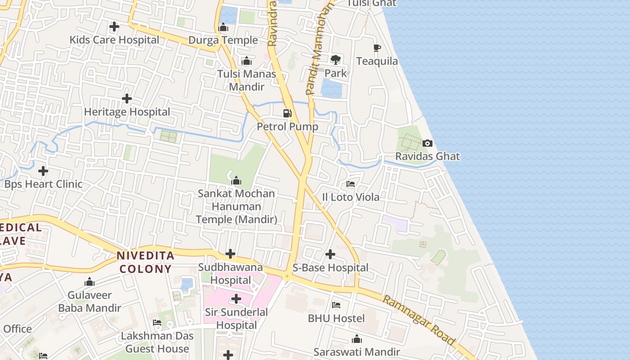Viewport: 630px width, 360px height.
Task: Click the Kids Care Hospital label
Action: click(x=114, y=40)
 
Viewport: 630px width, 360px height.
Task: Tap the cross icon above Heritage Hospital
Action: click(x=127, y=99)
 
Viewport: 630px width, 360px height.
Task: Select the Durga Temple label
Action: click(x=223, y=40)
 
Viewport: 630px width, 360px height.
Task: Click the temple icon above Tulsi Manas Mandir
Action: click(x=247, y=61)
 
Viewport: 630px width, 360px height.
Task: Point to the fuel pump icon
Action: click(x=287, y=113)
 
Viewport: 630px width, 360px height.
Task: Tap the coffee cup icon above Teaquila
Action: click(x=377, y=48)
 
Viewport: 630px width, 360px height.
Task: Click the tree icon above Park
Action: click(x=336, y=59)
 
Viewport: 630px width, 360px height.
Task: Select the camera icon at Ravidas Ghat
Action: click(x=427, y=144)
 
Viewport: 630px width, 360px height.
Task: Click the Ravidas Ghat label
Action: click(x=427, y=157)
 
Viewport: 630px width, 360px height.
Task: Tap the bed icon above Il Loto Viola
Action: click(x=351, y=184)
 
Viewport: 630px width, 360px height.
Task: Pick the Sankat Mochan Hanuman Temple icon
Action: click(x=236, y=181)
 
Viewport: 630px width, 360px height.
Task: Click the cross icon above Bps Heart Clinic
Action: click(x=43, y=171)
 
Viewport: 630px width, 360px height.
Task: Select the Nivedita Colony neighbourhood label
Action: click(x=145, y=262)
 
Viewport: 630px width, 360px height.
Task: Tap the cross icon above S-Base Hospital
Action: click(x=330, y=254)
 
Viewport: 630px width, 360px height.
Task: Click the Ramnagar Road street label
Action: click(x=418, y=320)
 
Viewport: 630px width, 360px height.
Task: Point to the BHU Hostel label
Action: click(x=336, y=319)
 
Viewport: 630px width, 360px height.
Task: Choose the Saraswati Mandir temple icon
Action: click(x=357, y=339)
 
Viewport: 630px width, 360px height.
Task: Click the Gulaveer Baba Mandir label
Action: click(x=90, y=301)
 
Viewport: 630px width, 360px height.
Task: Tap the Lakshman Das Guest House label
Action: click(x=157, y=342)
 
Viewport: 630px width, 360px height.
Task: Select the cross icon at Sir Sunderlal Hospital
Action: click(x=236, y=299)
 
